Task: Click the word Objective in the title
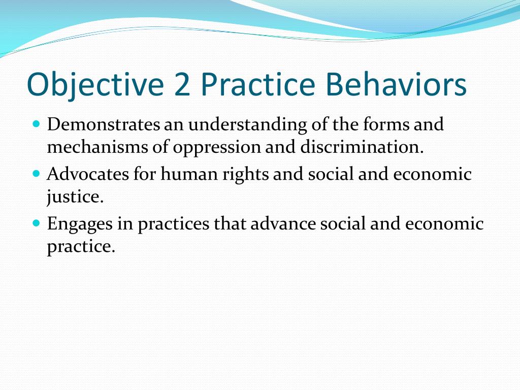pos(95,85)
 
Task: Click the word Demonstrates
pos(104,124)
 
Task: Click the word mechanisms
pos(97,147)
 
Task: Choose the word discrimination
pos(362,147)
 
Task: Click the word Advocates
pos(88,174)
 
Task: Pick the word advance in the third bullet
pos(283,223)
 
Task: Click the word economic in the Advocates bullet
pos(432,174)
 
